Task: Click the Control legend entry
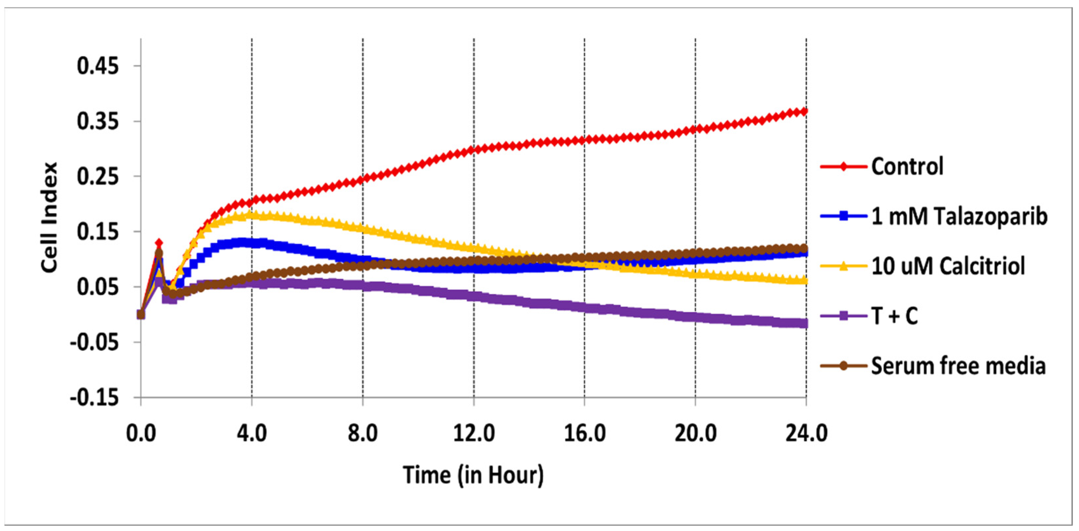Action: pyautogui.click(x=907, y=167)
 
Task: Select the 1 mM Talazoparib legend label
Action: pyautogui.click(x=959, y=217)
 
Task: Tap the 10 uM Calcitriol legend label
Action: pyautogui.click(x=948, y=266)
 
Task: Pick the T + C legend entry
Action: pyautogui.click(x=894, y=316)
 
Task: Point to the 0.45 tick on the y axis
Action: pyautogui.click(x=98, y=66)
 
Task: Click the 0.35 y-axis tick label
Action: pyautogui.click(x=98, y=121)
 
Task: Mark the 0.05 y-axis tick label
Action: pyautogui.click(x=98, y=287)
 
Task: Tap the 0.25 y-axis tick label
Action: pyautogui.click(x=98, y=177)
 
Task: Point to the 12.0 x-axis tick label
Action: pyautogui.click(x=474, y=432)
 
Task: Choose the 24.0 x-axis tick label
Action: pyautogui.click(x=806, y=432)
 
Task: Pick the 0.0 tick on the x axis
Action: pyautogui.click(x=141, y=432)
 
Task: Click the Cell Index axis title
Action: pyautogui.click(x=50, y=218)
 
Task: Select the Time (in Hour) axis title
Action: pyautogui.click(x=473, y=475)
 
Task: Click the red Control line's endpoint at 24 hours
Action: pyautogui.click(x=805, y=111)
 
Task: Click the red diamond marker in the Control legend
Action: pyautogui.click(x=844, y=167)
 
